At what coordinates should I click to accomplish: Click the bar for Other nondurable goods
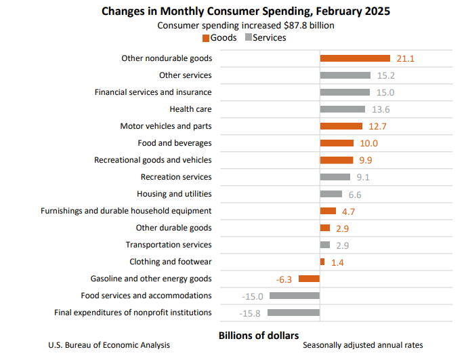[355, 58]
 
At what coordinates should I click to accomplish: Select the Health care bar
[342, 109]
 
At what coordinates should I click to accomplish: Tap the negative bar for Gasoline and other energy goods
[309, 279]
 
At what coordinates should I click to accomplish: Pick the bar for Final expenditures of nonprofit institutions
[293, 313]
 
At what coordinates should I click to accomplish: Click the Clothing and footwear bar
[322, 262]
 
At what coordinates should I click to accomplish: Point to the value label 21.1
[405, 59]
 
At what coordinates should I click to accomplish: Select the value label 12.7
[377, 126]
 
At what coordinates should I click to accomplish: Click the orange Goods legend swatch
[206, 38]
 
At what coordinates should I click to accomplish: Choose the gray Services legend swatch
[248, 38]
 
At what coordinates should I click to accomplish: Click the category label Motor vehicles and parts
[166, 126]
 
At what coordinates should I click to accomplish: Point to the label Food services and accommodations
[146, 296]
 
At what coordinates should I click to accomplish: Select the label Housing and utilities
[174, 194]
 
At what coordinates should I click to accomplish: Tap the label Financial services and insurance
[153, 92]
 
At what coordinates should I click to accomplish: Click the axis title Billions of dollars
[259, 335]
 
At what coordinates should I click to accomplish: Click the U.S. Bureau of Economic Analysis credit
[109, 345]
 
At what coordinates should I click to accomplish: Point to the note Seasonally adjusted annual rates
[362, 345]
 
